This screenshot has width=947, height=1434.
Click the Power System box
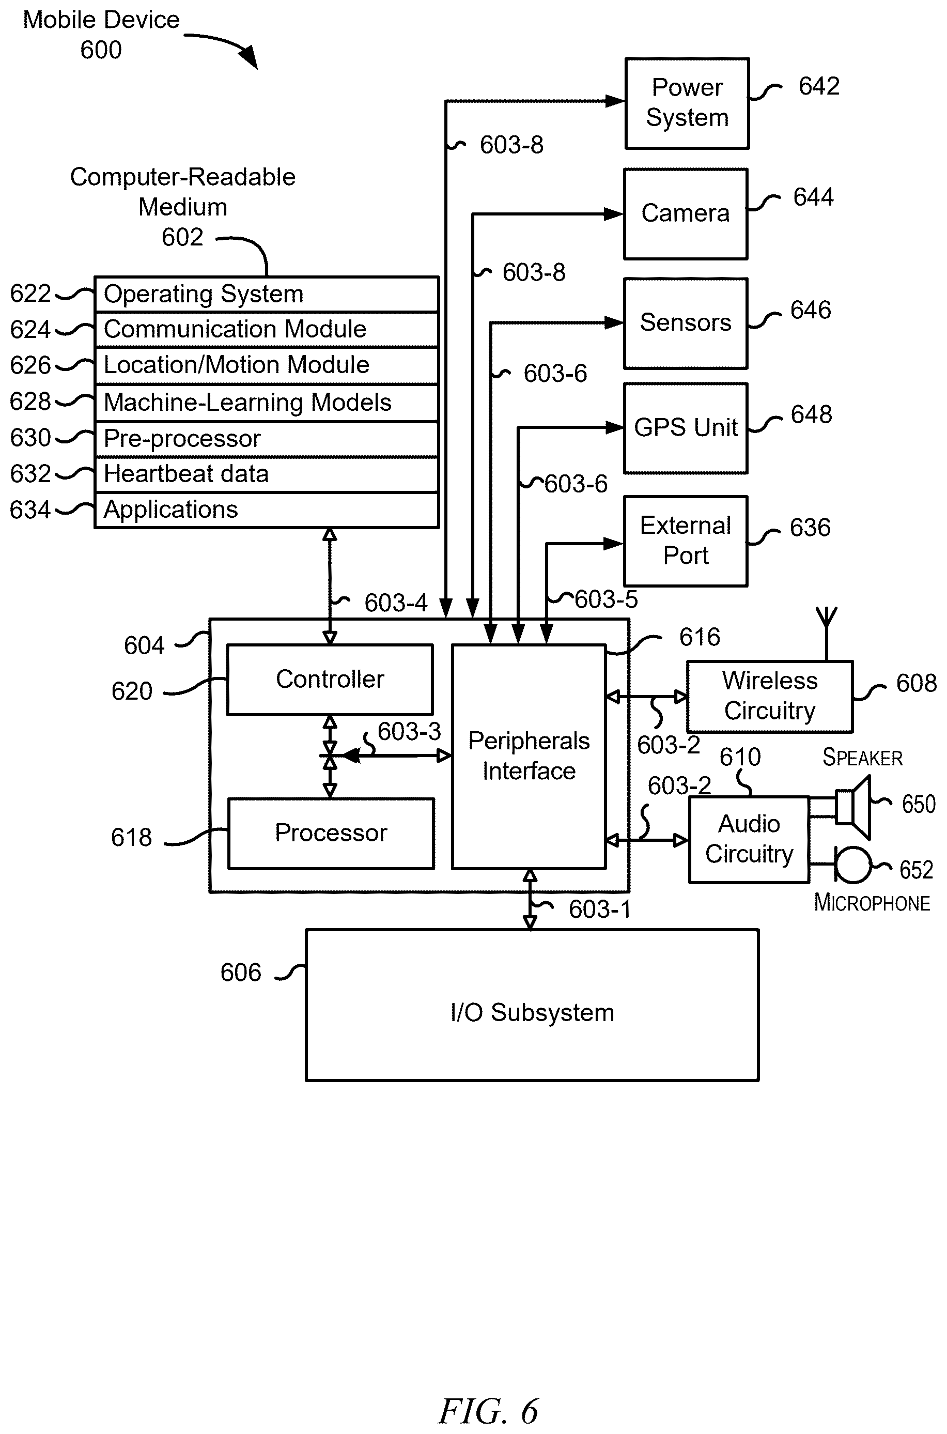(687, 103)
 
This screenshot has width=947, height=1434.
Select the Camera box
(686, 214)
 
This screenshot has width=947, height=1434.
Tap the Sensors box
(686, 323)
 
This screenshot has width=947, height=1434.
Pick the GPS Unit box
(686, 428)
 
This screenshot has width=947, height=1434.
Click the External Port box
(686, 541)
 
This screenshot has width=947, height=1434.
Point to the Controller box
(330, 680)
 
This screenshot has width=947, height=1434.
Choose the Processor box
(331, 834)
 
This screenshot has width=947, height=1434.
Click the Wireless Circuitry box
(769, 697)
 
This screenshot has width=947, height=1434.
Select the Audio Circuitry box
(749, 840)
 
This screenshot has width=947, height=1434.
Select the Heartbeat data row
(267, 474)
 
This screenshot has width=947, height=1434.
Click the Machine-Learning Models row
(267, 402)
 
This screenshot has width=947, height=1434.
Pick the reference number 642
(819, 86)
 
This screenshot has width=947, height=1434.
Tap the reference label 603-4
(396, 603)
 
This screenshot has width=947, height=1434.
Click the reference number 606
(240, 973)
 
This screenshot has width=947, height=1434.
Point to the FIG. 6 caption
(488, 1411)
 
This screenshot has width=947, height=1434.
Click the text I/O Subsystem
(532, 1013)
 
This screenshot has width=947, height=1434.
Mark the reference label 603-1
(600, 909)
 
